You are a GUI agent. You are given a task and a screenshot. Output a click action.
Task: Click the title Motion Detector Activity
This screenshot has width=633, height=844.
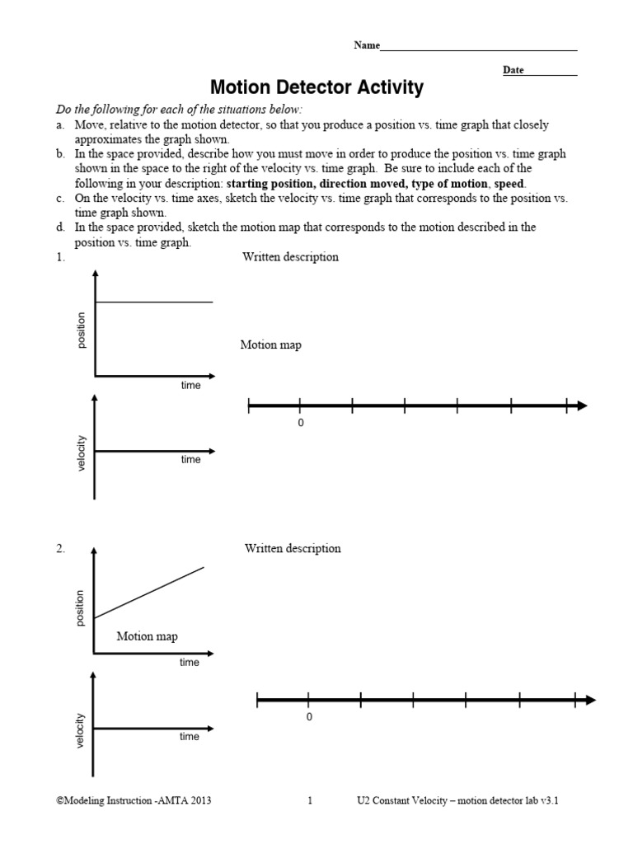(316, 87)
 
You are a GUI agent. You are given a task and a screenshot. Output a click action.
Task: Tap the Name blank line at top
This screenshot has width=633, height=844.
(478, 50)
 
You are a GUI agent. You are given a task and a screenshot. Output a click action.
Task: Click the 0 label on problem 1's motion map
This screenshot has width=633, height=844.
(300, 423)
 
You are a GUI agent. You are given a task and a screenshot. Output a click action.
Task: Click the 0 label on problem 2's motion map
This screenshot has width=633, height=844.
(309, 717)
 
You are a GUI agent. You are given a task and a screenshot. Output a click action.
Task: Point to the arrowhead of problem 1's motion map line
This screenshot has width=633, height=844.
(581, 406)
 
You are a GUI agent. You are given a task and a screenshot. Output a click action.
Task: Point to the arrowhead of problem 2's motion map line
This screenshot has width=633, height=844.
(590, 700)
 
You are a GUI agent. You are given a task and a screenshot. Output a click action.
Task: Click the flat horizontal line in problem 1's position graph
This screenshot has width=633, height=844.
(154, 302)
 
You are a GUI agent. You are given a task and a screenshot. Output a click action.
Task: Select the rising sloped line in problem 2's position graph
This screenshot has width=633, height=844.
(149, 593)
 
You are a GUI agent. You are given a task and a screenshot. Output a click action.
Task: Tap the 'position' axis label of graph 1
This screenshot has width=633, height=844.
(81, 330)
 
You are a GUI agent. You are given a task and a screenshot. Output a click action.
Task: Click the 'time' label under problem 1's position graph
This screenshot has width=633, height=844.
(190, 386)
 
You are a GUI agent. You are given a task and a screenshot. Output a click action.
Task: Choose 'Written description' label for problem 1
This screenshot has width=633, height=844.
(290, 257)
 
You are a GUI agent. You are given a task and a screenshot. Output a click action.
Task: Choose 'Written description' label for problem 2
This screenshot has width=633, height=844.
(293, 549)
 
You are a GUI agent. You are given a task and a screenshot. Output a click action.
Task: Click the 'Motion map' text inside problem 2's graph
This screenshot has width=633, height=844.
(147, 636)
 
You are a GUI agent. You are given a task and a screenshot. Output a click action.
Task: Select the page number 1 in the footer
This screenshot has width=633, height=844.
(310, 799)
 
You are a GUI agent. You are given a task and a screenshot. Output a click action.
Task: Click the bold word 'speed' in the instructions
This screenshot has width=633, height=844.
(508, 183)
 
